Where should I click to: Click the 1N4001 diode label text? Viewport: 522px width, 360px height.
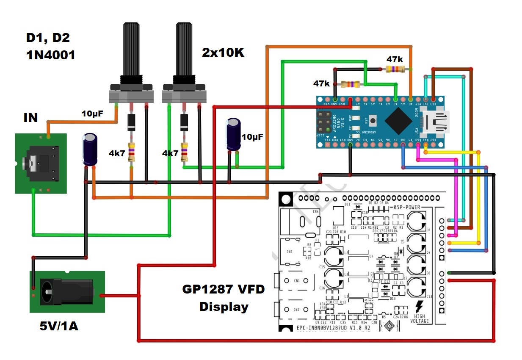50,54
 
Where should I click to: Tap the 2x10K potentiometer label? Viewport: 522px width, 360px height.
223,53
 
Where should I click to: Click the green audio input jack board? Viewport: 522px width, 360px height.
41,163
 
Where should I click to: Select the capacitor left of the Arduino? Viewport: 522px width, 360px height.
233,135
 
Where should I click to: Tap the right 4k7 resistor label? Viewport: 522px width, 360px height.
170,153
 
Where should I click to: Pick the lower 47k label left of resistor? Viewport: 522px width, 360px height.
321,84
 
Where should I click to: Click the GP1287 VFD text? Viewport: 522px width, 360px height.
223,289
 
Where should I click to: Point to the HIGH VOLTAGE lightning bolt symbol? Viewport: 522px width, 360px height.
420,307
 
